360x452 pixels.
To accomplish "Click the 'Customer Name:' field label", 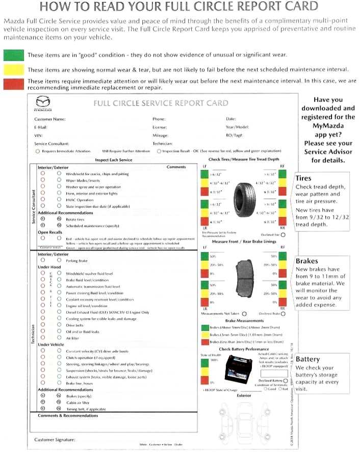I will (x=49, y=119).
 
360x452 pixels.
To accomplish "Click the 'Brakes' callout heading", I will (x=306, y=261).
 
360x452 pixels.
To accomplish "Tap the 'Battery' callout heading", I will (x=307, y=359).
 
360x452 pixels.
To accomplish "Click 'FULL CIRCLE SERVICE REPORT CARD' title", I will (x=161, y=103).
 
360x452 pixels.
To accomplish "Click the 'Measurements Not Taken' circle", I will (x=244, y=314).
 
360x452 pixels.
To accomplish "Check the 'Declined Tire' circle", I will (x=283, y=235).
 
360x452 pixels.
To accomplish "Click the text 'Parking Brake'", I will (x=77, y=260).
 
